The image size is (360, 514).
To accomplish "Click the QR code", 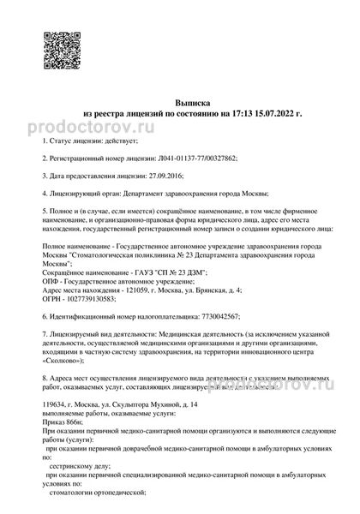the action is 58,45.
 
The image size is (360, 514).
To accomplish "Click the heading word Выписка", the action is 180,100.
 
